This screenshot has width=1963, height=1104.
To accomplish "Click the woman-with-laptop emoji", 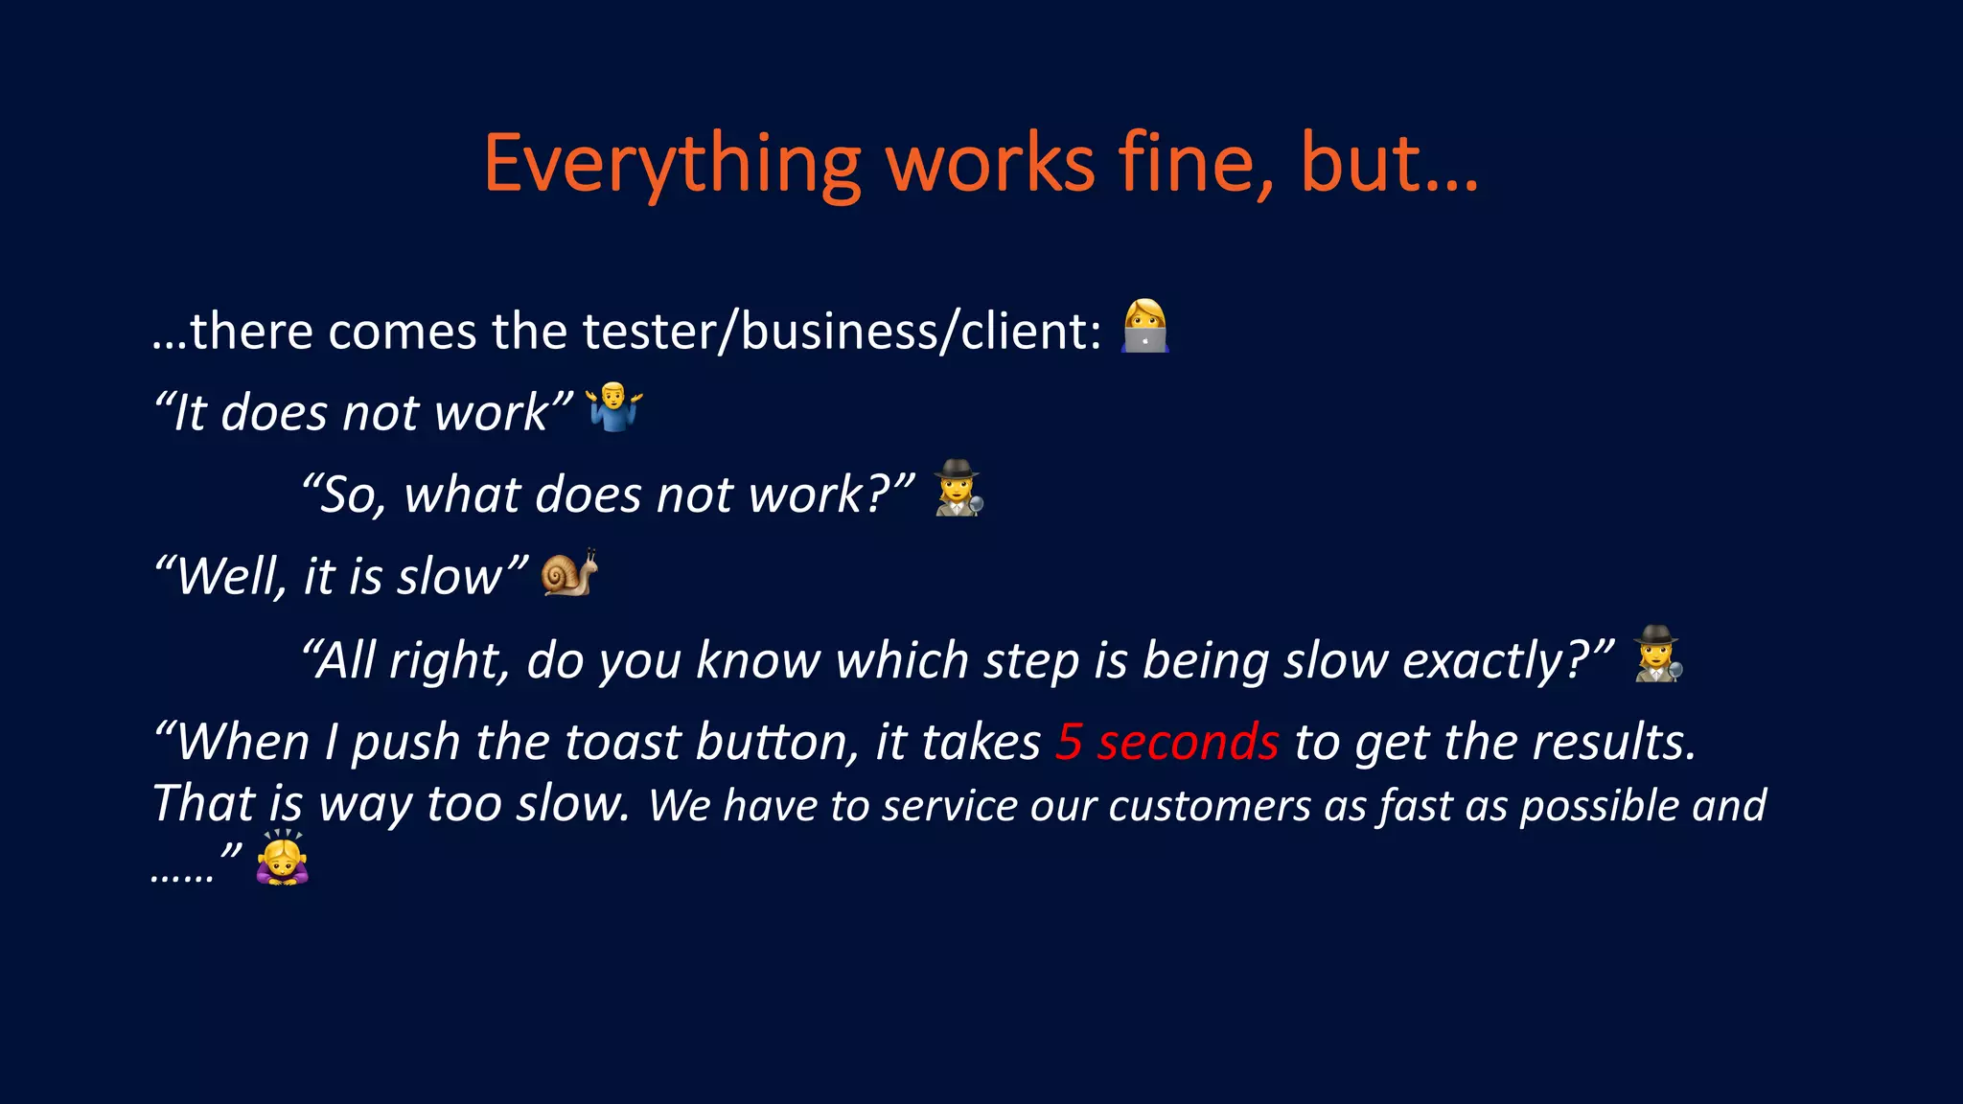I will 1144,327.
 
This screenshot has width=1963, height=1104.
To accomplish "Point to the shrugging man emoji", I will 614,407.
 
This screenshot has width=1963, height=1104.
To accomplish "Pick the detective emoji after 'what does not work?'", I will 958,489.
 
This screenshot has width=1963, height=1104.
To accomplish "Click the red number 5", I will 1069,743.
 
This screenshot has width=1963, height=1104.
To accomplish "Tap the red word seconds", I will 1188,743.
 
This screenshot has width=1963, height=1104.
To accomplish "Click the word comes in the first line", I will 403,333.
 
